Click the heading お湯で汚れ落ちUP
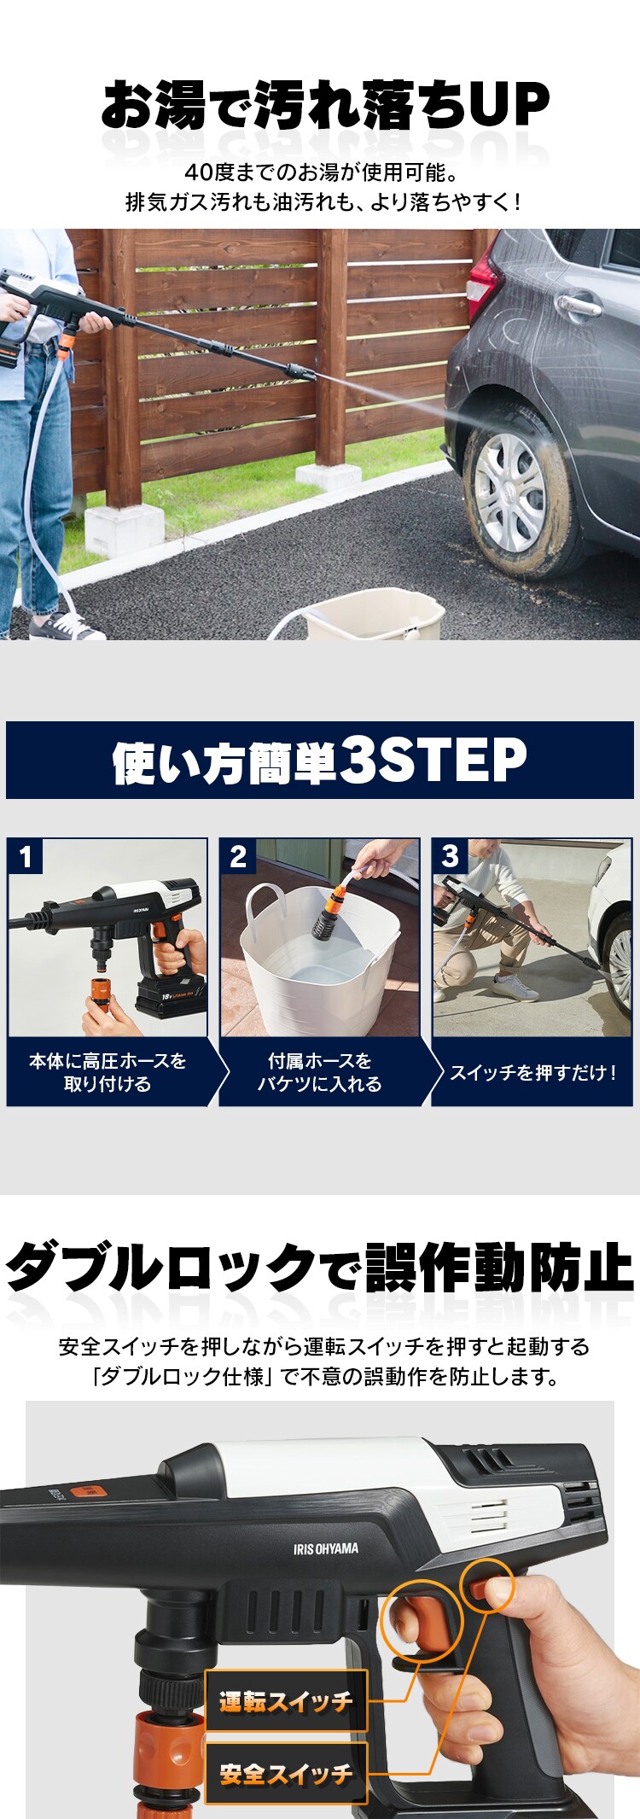pos(324,107)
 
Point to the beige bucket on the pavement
pos(375,616)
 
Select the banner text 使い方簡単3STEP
pos(320,761)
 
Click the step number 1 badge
pos(26,856)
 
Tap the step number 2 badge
pos(238,856)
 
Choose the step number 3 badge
pos(450,856)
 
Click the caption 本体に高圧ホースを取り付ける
pos(108,1072)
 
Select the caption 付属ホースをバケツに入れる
pos(320,1072)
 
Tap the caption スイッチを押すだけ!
pos(532,1072)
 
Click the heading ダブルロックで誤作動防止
pos(320,1268)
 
